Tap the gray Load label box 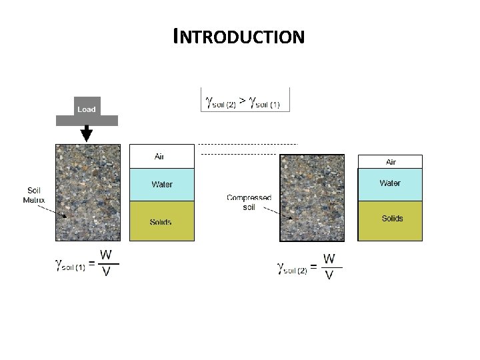point(86,109)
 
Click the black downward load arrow point(86,134)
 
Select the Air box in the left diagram point(161,156)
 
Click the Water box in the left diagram point(161,185)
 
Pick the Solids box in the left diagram point(161,221)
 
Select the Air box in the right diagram point(391,161)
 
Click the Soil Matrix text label point(34,193)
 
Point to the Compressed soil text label point(249,202)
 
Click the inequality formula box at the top point(245,100)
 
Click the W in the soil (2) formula point(329,258)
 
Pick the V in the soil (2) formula point(329,275)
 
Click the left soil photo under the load point(89,193)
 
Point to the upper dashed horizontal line point(247,144)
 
